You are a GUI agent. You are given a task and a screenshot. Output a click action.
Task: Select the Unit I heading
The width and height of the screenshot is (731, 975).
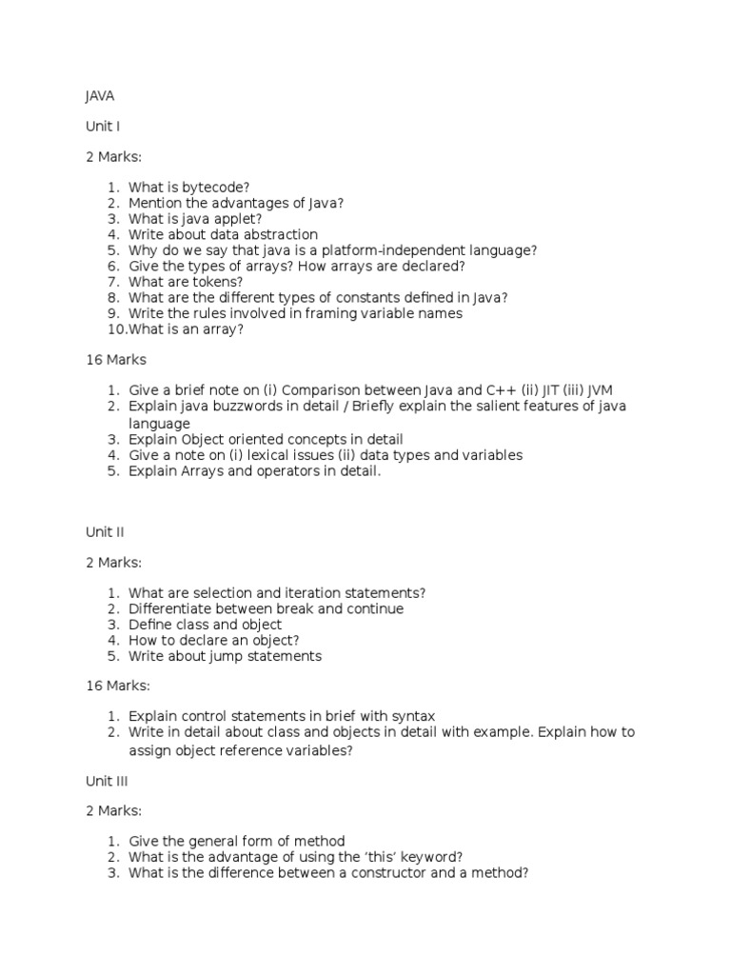coord(103,126)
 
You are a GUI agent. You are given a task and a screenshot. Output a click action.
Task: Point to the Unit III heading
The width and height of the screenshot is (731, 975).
coord(107,781)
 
